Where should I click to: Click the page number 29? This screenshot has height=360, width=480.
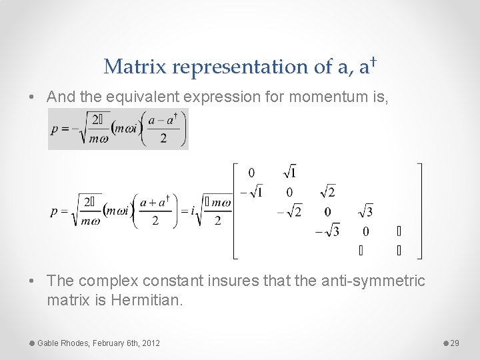(455, 343)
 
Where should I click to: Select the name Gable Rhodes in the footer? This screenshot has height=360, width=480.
(63, 343)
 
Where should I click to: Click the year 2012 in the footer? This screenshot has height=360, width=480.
(150, 343)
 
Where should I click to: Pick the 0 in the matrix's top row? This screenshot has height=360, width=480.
(251, 173)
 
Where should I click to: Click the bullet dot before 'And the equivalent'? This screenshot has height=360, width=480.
(33, 97)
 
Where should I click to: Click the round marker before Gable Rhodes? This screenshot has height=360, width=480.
(32, 343)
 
